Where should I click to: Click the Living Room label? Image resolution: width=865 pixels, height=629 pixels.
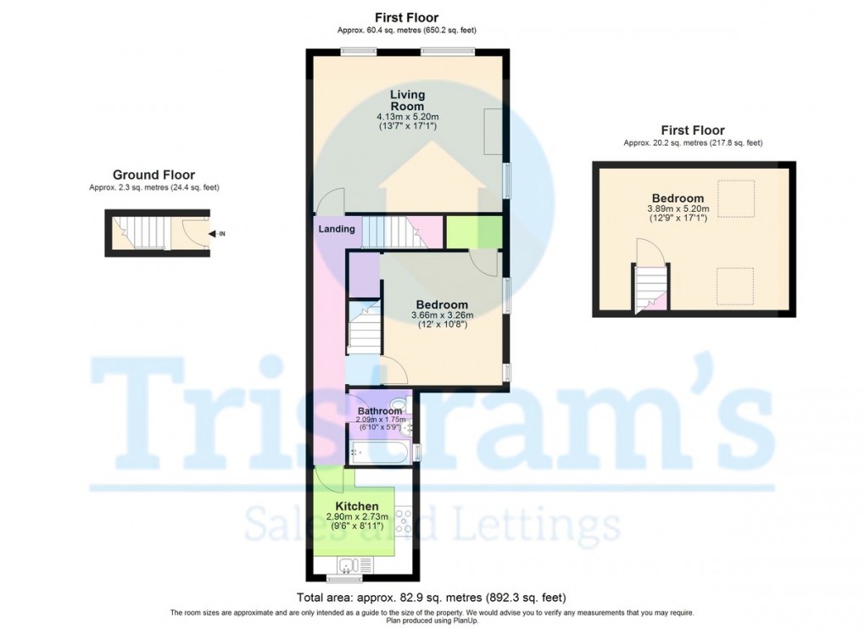coord(408,100)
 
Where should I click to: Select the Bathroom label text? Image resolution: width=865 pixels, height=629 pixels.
coord(379,411)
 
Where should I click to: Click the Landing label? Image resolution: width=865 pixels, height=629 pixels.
coord(336,229)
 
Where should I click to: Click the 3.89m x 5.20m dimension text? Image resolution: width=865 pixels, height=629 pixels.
coord(678,209)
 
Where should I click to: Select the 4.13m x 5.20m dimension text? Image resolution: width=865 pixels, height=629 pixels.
coord(408,116)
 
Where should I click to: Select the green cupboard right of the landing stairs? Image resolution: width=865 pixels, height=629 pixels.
coord(473,232)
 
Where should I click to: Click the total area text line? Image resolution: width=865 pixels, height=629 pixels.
coord(432,597)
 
